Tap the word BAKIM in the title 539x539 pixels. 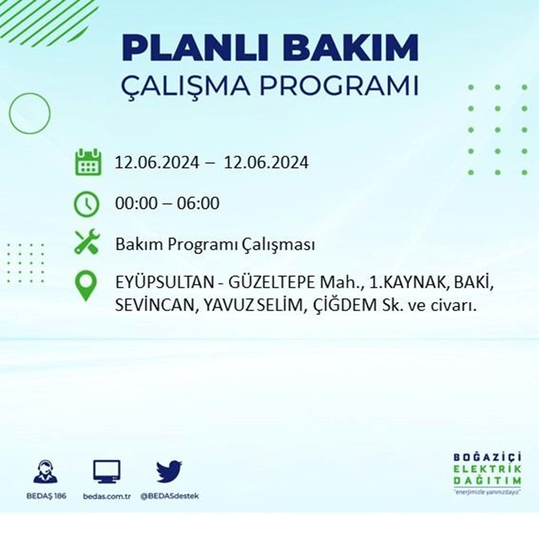[351, 48]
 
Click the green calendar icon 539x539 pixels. [88, 162]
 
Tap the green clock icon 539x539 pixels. [86, 204]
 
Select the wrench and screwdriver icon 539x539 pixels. [87, 242]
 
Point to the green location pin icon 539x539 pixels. [86, 287]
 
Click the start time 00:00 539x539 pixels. [137, 203]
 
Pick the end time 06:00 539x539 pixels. [198, 203]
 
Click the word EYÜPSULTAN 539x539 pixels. [165, 283]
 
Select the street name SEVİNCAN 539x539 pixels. [155, 305]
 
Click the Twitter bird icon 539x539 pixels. [169, 471]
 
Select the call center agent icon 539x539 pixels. [46, 472]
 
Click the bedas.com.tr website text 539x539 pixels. [107, 496]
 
